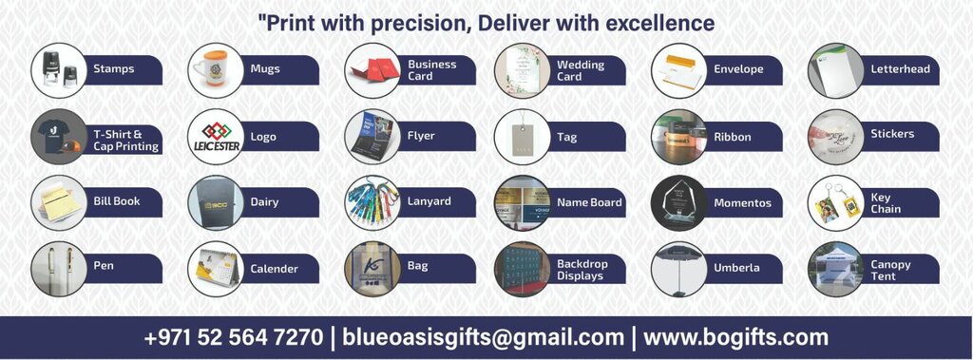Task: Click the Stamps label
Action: (114, 69)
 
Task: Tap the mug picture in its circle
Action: (215, 69)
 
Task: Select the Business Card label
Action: (432, 70)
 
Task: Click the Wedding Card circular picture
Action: (522, 70)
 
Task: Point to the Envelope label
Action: (738, 69)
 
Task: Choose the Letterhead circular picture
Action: (835, 69)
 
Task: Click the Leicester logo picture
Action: (215, 137)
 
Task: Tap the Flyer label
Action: (421, 136)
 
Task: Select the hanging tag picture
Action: (522, 137)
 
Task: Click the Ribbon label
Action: (733, 137)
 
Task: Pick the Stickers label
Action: (892, 134)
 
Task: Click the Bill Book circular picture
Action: (58, 202)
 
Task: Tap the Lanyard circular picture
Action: (372, 202)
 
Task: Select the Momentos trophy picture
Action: (678, 202)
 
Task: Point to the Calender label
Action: (274, 269)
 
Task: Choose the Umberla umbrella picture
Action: (678, 269)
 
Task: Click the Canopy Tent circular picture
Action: (835, 269)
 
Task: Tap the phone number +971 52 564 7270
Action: (233, 337)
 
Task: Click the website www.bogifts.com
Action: (735, 337)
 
